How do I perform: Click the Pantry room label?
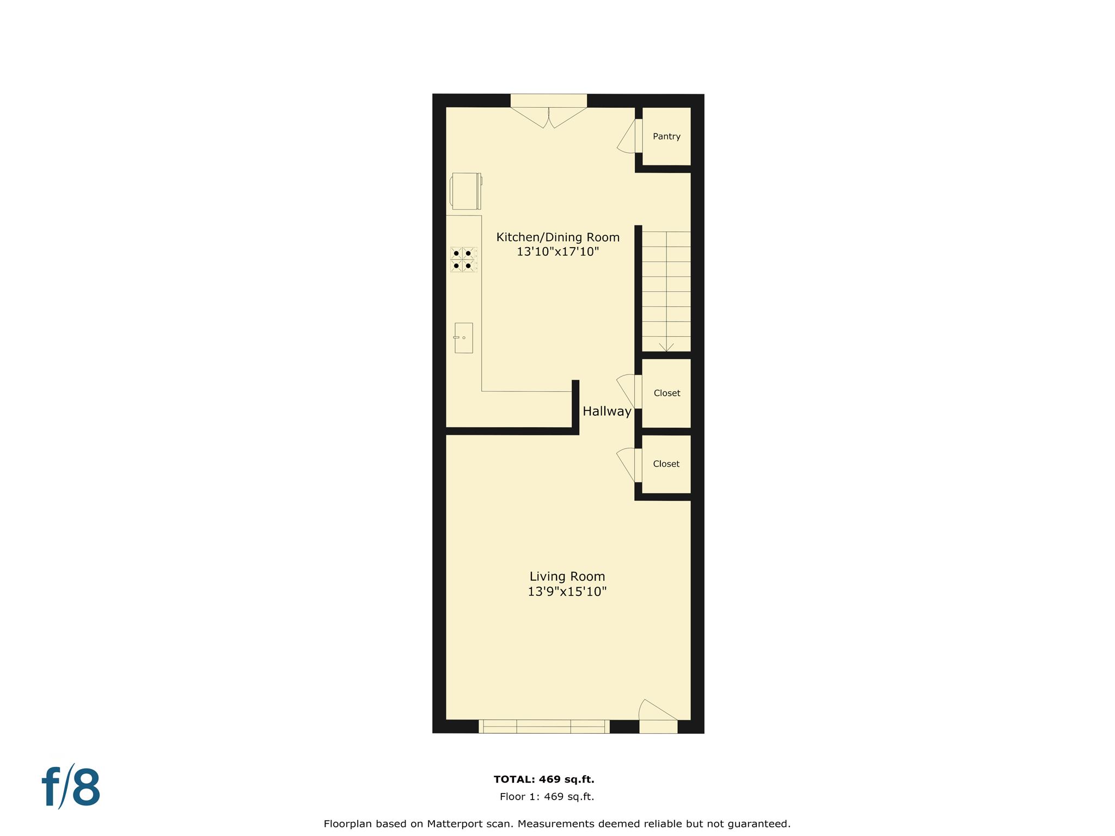pyautogui.click(x=666, y=137)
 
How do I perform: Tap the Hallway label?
pyautogui.click(x=606, y=411)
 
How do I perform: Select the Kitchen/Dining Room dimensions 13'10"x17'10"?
pyautogui.click(x=557, y=251)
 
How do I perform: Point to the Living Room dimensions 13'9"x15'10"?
pyautogui.click(x=567, y=592)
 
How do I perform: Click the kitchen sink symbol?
pyautogui.click(x=463, y=338)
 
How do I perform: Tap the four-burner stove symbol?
pyautogui.click(x=463, y=260)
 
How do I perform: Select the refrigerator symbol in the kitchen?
pyautogui.click(x=465, y=191)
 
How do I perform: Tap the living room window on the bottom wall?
pyautogui.click(x=544, y=726)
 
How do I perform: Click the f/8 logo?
pyautogui.click(x=71, y=787)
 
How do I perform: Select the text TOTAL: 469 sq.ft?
pyautogui.click(x=543, y=779)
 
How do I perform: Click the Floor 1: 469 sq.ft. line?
pyautogui.click(x=547, y=797)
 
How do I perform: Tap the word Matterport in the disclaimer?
pyautogui.click(x=456, y=824)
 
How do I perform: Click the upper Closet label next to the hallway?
pyautogui.click(x=666, y=393)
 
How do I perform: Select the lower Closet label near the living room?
pyautogui.click(x=666, y=464)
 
